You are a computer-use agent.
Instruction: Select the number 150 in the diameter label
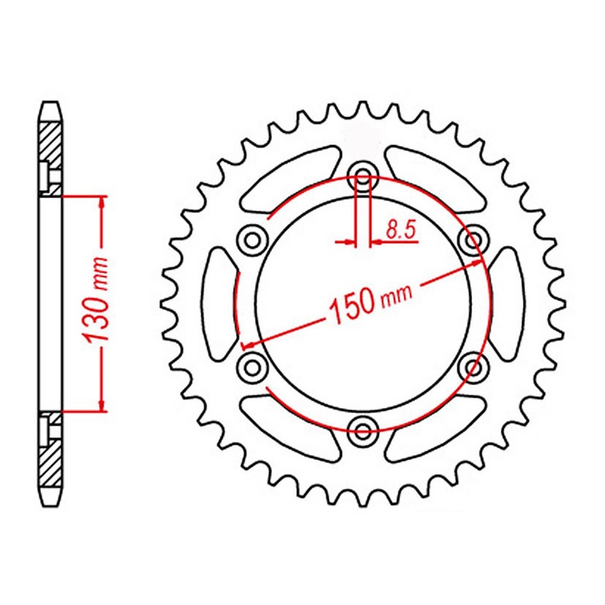coord(350,303)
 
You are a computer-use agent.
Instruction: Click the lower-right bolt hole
coord(473,368)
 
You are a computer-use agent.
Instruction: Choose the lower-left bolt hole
coord(252,368)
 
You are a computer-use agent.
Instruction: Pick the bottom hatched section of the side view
coord(49,465)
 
